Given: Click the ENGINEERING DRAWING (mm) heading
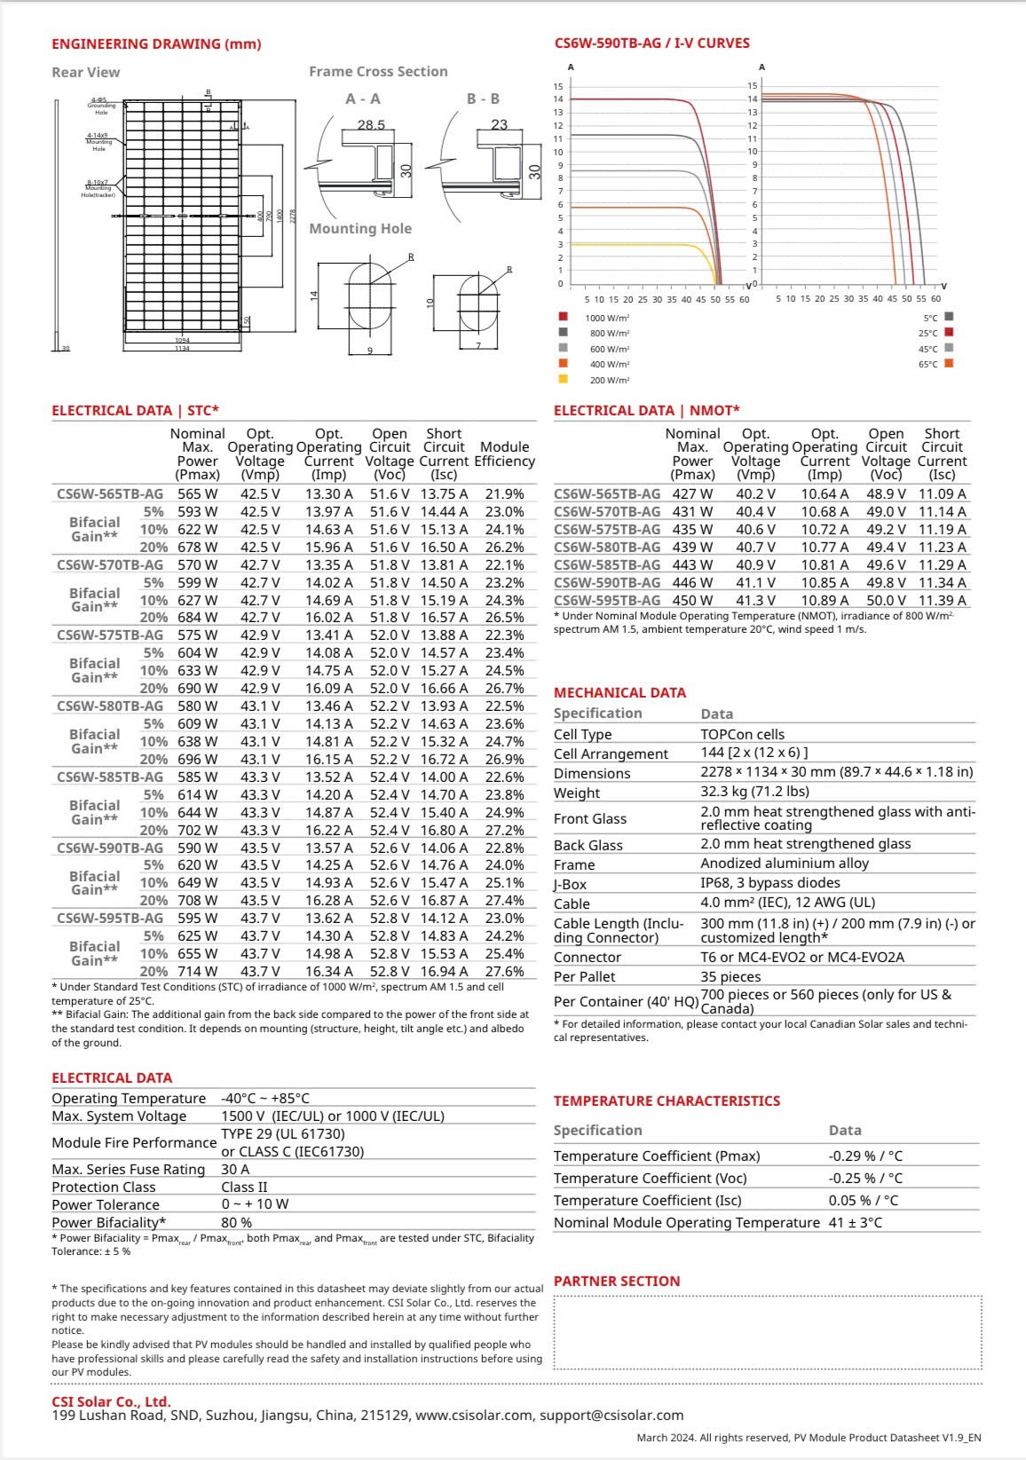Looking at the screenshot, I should [156, 44].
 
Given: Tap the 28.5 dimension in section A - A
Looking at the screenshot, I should [371, 125].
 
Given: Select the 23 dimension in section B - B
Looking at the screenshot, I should [500, 125].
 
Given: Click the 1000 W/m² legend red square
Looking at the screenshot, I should [563, 317].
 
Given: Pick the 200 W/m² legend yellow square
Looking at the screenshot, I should [563, 380].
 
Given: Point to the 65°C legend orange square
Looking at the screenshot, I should [949, 364].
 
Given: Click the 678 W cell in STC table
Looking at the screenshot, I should [197, 548].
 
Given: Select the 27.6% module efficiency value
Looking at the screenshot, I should [504, 972].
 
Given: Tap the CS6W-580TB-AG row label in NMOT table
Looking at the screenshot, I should [607, 548].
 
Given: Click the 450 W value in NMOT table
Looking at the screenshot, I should [691, 601].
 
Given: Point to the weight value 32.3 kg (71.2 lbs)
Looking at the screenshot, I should [754, 792].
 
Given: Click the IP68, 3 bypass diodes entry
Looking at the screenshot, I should [769, 883].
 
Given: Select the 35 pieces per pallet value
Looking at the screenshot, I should [730, 977].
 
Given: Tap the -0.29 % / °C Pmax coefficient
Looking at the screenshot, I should [865, 1156].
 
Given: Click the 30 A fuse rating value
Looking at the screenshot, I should [235, 1170].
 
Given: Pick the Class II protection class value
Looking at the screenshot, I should [244, 1188].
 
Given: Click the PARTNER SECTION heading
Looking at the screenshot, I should [617, 1282].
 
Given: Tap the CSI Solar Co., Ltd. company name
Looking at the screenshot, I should [111, 1402].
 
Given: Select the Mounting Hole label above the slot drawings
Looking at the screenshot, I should [360, 229].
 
